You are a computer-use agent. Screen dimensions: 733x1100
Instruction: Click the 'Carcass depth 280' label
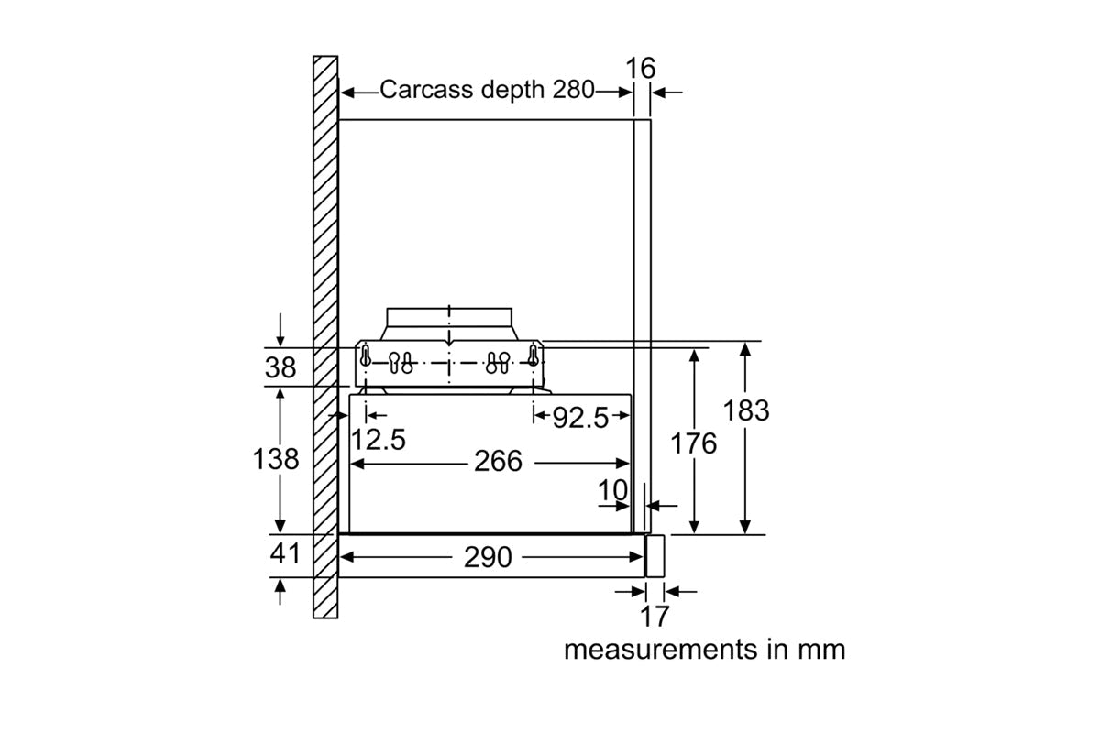(x=487, y=90)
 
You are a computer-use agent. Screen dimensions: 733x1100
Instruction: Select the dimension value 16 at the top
(x=642, y=69)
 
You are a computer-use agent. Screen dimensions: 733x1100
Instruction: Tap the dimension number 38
(x=280, y=367)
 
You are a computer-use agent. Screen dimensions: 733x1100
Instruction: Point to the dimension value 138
(x=276, y=458)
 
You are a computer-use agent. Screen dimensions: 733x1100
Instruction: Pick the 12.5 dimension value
(x=378, y=440)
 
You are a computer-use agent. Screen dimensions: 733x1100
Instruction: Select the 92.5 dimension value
(x=580, y=418)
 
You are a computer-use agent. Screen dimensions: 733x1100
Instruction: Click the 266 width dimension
(x=498, y=462)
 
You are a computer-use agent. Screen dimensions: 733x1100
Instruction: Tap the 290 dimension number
(x=488, y=556)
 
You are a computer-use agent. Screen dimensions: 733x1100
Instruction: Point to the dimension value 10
(x=613, y=491)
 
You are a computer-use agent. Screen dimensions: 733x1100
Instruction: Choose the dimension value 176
(x=694, y=443)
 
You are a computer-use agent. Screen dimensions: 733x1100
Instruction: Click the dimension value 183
(x=746, y=410)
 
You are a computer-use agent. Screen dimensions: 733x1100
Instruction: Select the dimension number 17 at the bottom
(x=654, y=617)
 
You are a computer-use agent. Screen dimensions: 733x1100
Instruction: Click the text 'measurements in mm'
(x=704, y=650)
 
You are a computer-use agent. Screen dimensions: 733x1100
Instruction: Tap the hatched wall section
(x=325, y=275)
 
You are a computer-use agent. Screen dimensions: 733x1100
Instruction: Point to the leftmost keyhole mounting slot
(x=366, y=354)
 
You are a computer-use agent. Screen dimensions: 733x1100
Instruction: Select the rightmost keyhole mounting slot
(x=532, y=354)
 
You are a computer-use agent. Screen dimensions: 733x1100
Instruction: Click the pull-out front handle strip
(x=654, y=555)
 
